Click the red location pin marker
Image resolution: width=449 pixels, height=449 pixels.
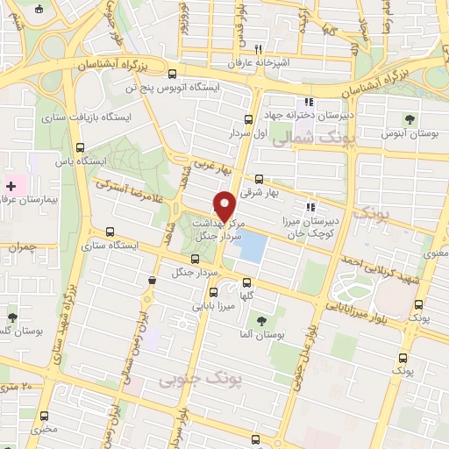(225, 205)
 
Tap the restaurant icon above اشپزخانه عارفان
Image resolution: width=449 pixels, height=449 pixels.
(258, 49)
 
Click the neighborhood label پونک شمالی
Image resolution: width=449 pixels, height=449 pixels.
(304, 139)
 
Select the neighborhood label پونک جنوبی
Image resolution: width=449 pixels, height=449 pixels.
(192, 379)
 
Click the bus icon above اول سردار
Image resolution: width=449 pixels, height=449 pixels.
(248, 118)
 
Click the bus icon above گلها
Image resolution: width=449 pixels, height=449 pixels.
(246, 282)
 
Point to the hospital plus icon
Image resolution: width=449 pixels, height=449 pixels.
(12, 185)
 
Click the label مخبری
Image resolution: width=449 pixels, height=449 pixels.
(42, 430)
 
